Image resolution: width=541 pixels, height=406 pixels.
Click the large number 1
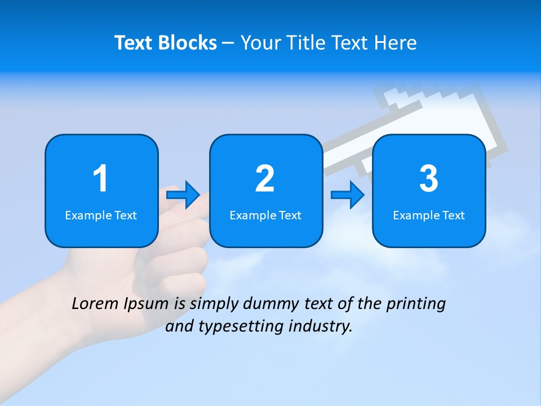(x=100, y=179)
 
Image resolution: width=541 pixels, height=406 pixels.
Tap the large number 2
(x=265, y=179)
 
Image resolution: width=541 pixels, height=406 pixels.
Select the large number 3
(x=429, y=179)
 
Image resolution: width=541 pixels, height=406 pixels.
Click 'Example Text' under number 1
(x=101, y=215)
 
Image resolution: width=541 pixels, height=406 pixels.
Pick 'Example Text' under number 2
(x=265, y=215)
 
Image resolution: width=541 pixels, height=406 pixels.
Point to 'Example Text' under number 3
(x=429, y=215)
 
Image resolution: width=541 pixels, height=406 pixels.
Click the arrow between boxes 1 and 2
(x=183, y=195)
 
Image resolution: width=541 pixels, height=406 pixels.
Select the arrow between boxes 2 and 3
(x=348, y=195)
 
